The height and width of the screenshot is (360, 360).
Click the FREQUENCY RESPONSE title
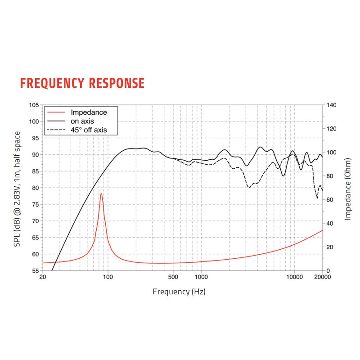[82, 83]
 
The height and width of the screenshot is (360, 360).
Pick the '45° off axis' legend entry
[85, 130]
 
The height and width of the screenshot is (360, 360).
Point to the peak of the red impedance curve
[101, 193]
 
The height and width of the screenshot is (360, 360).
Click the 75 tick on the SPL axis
[34, 204]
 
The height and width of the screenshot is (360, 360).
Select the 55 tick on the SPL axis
[34, 271]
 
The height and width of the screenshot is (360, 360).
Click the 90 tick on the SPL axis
[34, 155]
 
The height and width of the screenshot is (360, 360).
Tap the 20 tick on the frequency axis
[43, 277]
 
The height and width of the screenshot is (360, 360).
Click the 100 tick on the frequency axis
[108, 277]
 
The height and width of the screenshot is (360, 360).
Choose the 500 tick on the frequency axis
[173, 277]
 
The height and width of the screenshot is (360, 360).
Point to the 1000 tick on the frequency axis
[201, 277]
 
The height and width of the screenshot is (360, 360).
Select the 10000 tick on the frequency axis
[294, 277]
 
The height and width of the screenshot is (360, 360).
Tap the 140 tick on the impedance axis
[331, 105]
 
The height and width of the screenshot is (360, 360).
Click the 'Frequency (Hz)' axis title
[179, 292]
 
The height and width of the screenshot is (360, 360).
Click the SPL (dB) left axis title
[17, 189]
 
